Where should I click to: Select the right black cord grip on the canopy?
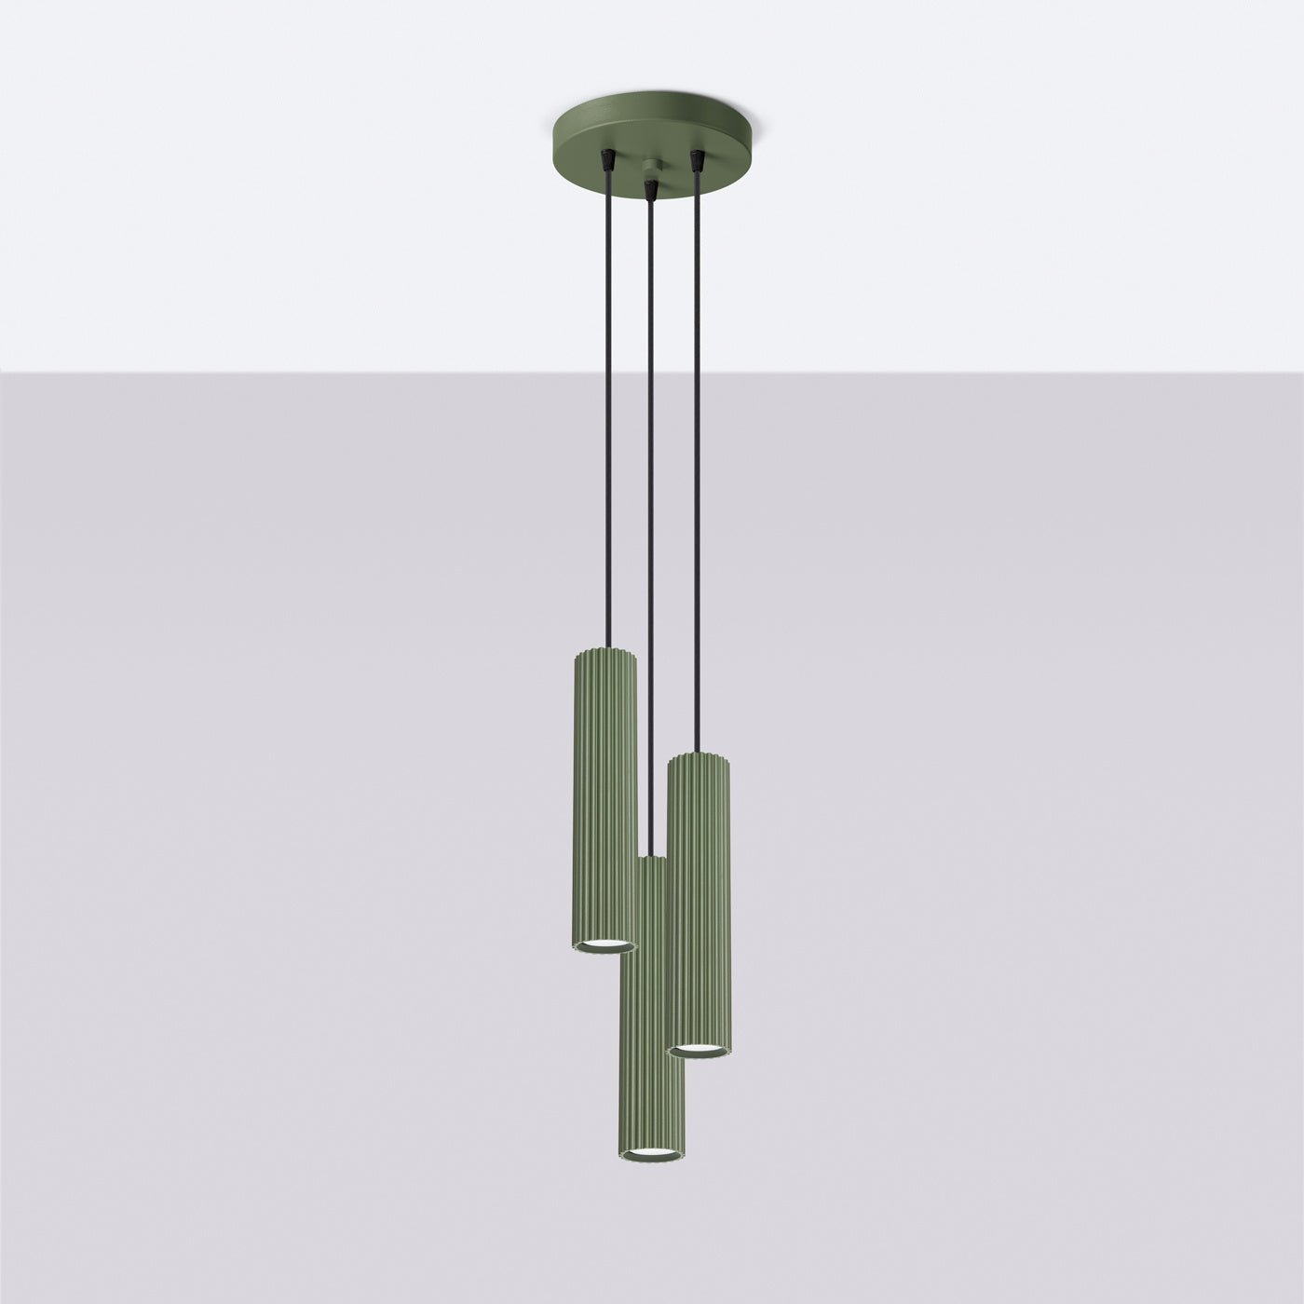pos(695,161)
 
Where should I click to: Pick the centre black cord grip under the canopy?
pos(650,189)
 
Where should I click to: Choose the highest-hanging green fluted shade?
pos(602,792)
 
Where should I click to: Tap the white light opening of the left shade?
pos(602,946)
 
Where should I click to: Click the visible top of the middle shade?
pos(651,862)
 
